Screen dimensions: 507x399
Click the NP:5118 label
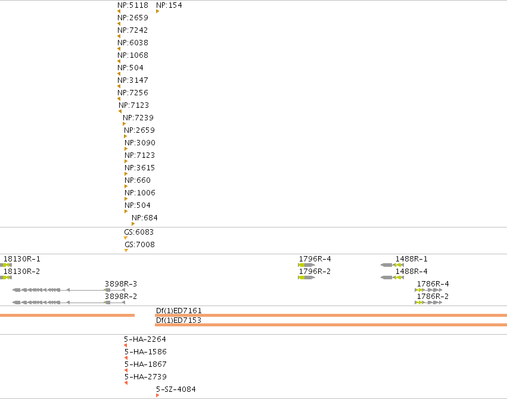tap(133, 5)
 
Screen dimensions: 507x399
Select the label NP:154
tap(169, 5)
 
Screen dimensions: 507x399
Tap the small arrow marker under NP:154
tap(157, 11)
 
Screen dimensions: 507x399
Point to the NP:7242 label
tap(133, 30)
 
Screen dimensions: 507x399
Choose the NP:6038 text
tap(133, 43)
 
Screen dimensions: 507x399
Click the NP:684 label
tap(145, 218)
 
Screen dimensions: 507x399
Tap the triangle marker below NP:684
tap(133, 224)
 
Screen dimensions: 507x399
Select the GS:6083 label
tap(139, 232)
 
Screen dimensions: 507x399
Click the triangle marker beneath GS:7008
tap(126, 250)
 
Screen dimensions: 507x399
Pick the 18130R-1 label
tap(21, 259)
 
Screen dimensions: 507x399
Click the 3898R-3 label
tap(120, 283)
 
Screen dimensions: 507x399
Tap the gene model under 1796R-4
tap(306, 265)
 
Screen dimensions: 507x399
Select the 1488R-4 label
tap(411, 272)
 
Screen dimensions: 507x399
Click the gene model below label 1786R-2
tap(428, 303)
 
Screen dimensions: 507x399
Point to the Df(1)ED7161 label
tap(179, 310)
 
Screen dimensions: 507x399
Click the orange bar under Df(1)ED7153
tap(331, 325)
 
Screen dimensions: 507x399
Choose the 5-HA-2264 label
tap(145, 339)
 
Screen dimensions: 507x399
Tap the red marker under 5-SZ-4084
tap(157, 395)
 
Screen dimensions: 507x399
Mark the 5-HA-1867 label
tap(145, 364)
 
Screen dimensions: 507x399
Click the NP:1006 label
tap(139, 192)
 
